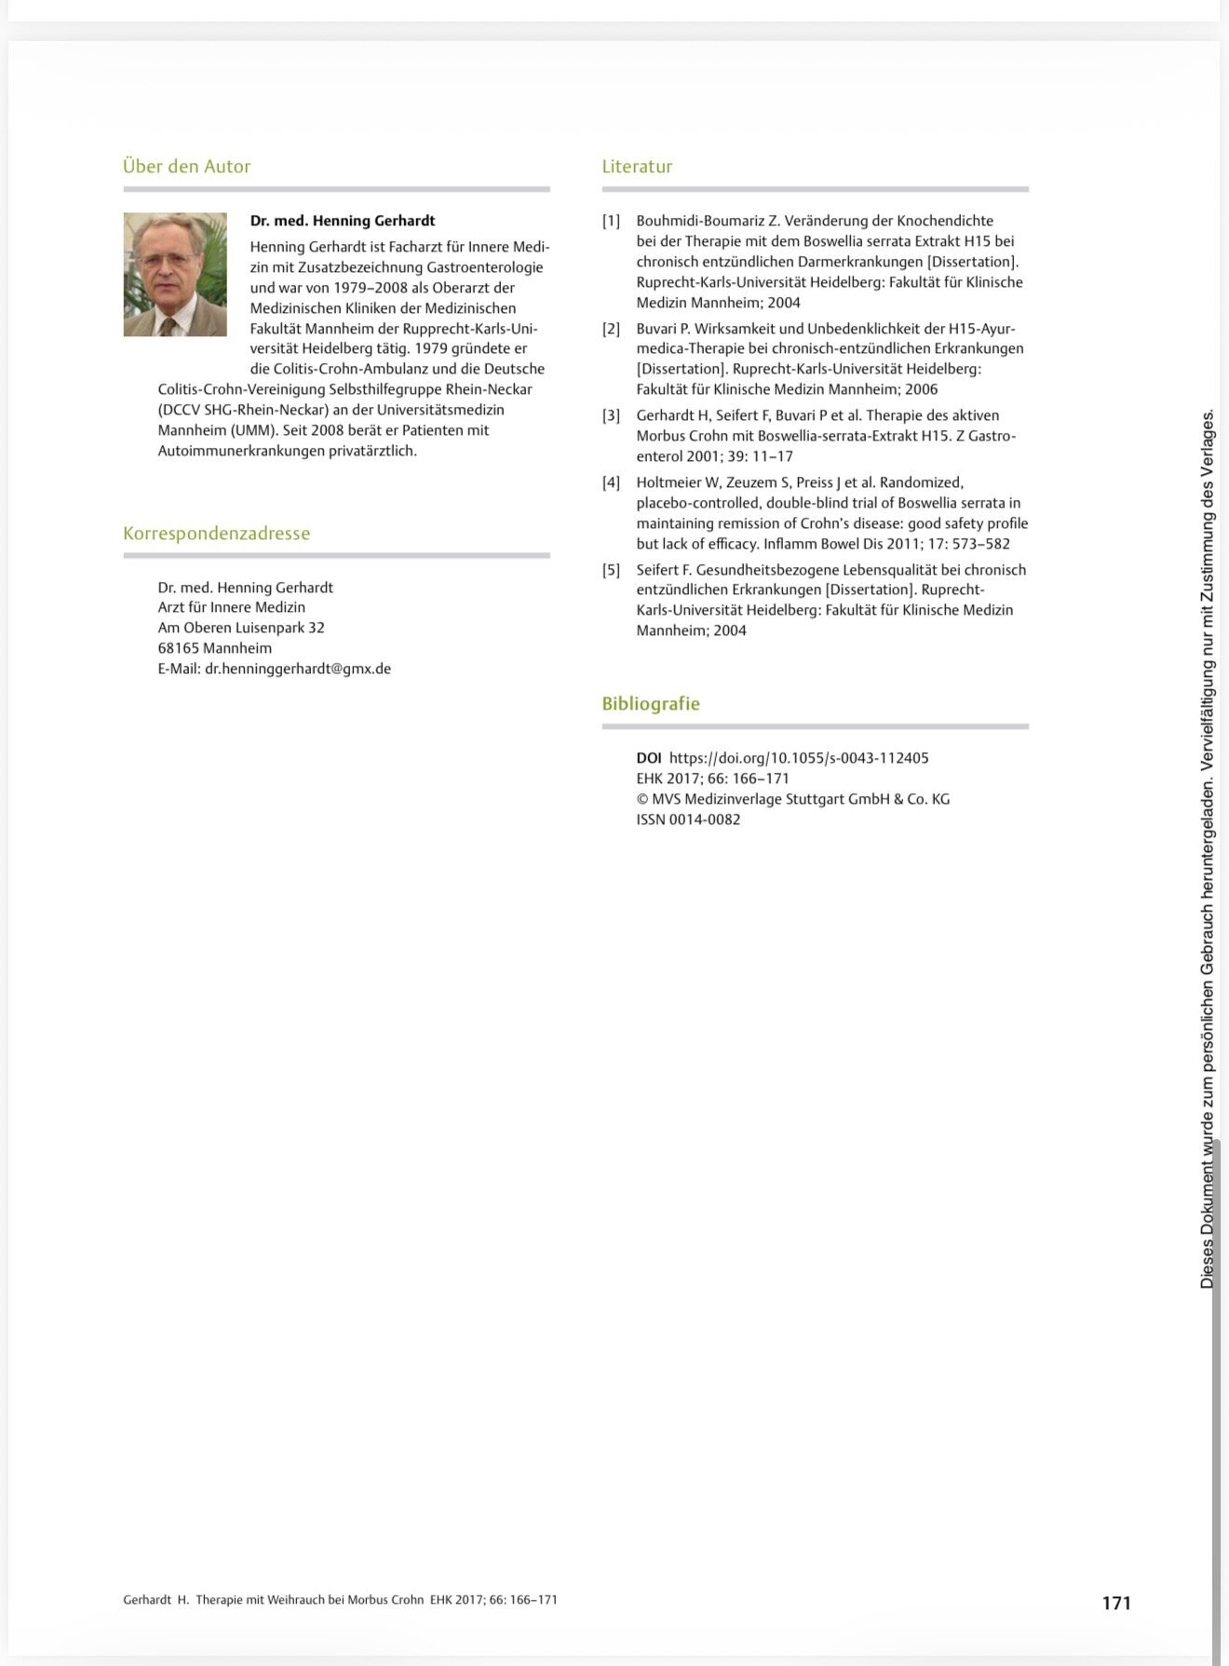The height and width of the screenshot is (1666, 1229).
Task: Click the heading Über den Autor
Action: click(x=186, y=167)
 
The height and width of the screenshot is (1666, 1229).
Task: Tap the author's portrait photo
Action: click(x=175, y=275)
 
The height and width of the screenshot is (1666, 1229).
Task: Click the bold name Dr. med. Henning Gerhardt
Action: click(x=342, y=221)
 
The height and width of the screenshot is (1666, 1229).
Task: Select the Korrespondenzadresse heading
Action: click(x=216, y=534)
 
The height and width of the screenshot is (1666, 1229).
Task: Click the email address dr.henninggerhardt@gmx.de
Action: click(x=298, y=669)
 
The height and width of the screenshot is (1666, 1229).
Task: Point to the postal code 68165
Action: click(x=179, y=648)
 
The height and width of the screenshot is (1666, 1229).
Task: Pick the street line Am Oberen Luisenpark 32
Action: click(x=241, y=628)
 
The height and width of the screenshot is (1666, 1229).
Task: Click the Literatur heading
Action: click(x=637, y=167)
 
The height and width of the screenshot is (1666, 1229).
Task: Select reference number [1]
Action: click(x=611, y=221)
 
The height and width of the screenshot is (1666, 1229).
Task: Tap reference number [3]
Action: click(x=611, y=415)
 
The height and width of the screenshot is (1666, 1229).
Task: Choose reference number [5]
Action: click(x=611, y=570)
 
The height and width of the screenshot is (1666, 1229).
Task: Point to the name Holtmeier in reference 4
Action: click(x=669, y=482)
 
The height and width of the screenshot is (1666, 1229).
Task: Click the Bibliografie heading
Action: click(x=651, y=704)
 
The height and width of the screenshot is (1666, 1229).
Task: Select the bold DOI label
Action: click(x=648, y=758)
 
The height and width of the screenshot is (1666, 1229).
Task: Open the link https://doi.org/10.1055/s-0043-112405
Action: click(x=799, y=758)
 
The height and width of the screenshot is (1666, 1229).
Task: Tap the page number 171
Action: click(x=1115, y=1603)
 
